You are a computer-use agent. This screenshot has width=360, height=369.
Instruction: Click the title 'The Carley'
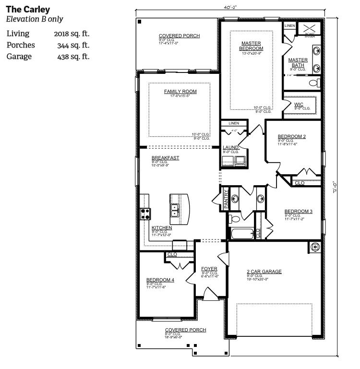click(x=28, y=10)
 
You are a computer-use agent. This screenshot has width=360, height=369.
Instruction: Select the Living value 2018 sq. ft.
click(x=72, y=34)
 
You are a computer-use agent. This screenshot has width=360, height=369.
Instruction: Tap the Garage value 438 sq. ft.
click(x=73, y=57)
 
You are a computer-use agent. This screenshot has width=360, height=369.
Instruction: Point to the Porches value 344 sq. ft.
click(x=73, y=45)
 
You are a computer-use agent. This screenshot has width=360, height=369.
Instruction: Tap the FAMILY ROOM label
click(x=180, y=92)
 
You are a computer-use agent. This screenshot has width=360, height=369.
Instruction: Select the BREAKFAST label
click(x=166, y=157)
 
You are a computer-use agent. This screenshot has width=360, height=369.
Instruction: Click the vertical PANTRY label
click(x=226, y=199)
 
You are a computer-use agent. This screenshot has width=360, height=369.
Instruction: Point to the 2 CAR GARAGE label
click(x=264, y=272)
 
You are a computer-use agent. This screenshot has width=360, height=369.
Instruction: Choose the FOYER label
click(x=209, y=268)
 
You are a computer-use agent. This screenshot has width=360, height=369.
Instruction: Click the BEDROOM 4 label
click(x=161, y=280)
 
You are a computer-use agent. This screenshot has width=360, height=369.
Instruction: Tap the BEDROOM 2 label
click(x=292, y=136)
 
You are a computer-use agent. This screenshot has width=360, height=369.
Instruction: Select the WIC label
click(x=299, y=104)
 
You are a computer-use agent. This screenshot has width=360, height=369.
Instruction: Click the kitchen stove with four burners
click(x=145, y=214)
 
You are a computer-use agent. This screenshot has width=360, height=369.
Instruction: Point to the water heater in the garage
click(x=315, y=247)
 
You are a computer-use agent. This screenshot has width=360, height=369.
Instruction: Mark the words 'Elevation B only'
click(x=34, y=19)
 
